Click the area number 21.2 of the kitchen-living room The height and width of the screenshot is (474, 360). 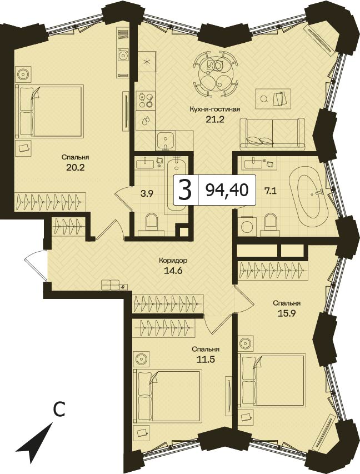(x=214, y=119)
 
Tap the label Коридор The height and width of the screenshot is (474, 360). (x=173, y=260)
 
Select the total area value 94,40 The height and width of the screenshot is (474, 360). (x=227, y=191)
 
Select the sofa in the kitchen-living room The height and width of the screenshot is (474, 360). (x=273, y=134)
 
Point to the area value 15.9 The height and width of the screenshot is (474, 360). (x=286, y=313)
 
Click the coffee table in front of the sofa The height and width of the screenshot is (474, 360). (x=273, y=98)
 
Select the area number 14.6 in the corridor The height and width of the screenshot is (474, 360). (x=173, y=270)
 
